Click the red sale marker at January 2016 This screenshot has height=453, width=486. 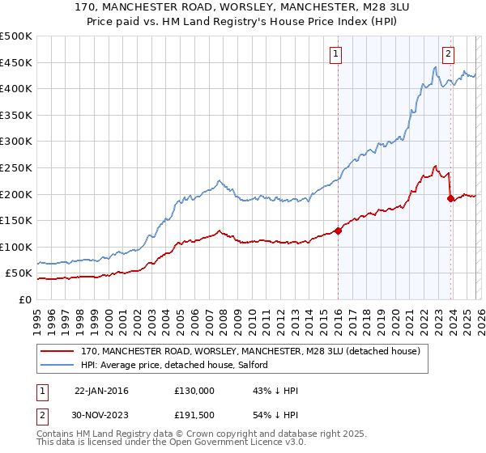pyautogui.click(x=338, y=231)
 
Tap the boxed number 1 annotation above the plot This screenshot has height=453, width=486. pyautogui.click(x=335, y=54)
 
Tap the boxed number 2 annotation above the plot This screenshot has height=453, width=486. pyautogui.click(x=448, y=54)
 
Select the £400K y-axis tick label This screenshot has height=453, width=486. pyautogui.click(x=16, y=88)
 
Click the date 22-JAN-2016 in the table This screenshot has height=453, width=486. pyautogui.click(x=101, y=390)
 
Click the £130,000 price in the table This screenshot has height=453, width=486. pyautogui.click(x=194, y=390)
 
